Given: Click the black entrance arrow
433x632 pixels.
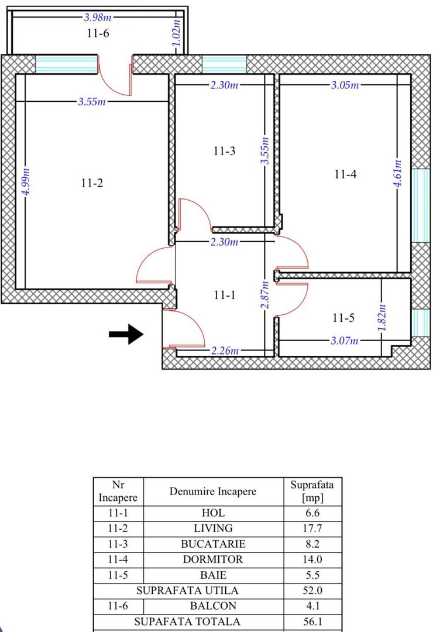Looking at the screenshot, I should [126, 334].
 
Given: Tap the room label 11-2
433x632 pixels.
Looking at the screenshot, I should [92, 183].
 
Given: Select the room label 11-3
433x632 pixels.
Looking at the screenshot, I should [224, 152].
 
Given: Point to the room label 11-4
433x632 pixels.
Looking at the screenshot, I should [346, 174].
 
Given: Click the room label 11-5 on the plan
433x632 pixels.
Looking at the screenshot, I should [344, 318].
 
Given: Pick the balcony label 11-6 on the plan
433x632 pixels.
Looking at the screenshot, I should [98, 33].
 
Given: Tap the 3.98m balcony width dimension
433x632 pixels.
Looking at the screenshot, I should [94, 17].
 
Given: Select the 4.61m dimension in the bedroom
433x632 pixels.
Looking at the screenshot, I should [398, 174].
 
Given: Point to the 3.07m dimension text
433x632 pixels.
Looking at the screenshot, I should [344, 341].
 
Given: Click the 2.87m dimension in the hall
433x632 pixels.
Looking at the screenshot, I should [265, 296].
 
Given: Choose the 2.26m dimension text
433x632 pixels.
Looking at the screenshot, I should [225, 351].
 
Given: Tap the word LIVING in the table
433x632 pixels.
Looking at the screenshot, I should [213, 528].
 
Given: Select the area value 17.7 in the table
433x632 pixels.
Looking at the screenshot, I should [313, 528].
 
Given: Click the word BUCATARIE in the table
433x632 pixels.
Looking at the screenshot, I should [213, 544].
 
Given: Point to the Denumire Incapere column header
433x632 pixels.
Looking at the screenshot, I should [213, 492].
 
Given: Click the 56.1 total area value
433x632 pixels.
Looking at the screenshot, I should [313, 622].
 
